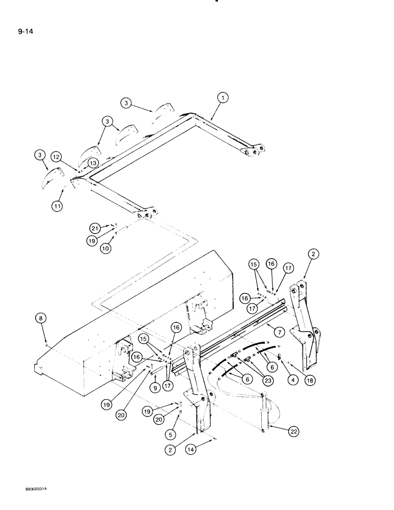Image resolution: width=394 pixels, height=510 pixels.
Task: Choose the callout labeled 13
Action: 92,162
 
